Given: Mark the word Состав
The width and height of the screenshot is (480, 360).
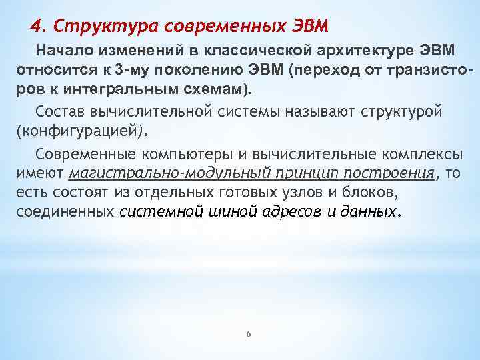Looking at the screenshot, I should pos(60,111).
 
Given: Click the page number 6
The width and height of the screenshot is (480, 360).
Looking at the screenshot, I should pos(248,334).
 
